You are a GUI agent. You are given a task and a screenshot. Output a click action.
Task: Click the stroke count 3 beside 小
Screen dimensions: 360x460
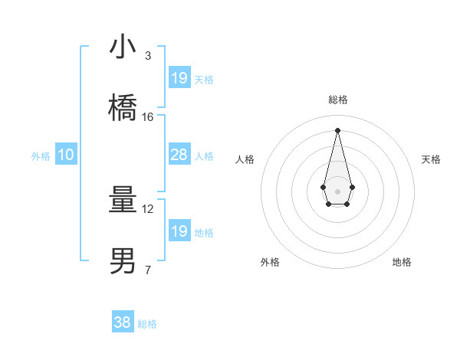coord(147,56)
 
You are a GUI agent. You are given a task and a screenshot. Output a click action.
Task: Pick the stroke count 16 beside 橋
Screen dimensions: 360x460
coord(148,116)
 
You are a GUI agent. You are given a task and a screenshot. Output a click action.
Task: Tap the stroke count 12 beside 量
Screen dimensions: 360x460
coord(148,208)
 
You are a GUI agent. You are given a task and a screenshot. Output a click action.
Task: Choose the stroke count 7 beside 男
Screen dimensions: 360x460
coord(147,270)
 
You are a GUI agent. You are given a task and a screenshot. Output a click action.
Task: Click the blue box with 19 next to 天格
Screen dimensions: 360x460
coord(179,77)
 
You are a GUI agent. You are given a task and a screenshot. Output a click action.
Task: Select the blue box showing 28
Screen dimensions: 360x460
coord(179,155)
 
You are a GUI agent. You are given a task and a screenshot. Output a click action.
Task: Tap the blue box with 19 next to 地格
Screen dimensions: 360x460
coord(179,231)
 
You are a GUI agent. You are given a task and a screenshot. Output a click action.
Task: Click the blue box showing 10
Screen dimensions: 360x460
coord(66,155)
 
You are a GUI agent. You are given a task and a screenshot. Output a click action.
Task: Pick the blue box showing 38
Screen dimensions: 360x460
coord(123,322)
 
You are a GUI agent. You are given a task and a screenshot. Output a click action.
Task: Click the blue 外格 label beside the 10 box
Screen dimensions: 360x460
coord(41,156)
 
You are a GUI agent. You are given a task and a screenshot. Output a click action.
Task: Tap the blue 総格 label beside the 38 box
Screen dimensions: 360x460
coord(147,324)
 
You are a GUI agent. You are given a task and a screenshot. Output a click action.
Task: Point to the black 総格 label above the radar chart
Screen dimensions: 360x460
coord(337,100)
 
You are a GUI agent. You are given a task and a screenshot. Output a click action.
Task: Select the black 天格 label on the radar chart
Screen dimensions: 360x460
coord(431,159)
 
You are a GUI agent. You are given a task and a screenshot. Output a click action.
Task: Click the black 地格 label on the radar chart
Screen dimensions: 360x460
coord(402,262)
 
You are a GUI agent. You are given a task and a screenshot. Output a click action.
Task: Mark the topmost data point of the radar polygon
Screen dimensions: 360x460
coord(337,129)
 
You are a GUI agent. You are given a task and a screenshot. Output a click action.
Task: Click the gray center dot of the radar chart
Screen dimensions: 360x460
coord(337,190)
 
